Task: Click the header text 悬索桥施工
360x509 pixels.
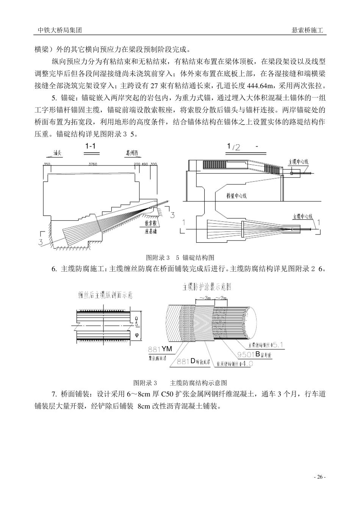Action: point(307,31)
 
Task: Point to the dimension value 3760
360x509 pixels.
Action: point(92,164)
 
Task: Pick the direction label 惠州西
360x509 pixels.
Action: point(133,153)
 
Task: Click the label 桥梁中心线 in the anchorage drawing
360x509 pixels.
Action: point(236,196)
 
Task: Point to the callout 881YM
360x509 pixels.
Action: point(160,349)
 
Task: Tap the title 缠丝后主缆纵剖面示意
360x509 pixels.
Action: point(105,295)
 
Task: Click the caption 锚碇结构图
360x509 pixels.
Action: point(198,258)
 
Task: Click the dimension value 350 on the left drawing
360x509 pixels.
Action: point(47,164)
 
